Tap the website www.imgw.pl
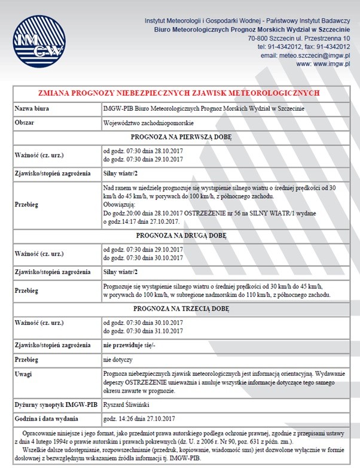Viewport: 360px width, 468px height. click(x=324, y=63)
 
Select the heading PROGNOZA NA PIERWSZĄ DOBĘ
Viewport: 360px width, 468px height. click(x=179, y=136)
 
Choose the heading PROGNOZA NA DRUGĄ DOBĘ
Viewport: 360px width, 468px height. click(x=179, y=235)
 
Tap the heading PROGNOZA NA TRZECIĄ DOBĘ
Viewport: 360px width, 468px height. click(x=179, y=309)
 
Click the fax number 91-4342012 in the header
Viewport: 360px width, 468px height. click(x=328, y=46)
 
